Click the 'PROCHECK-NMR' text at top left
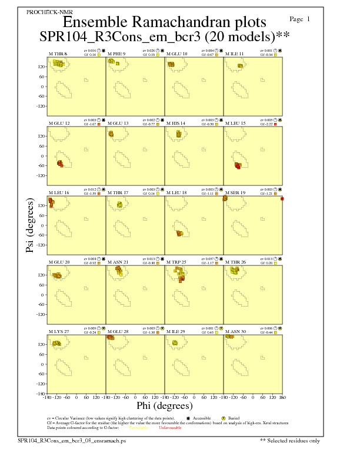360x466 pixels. pos(46,12)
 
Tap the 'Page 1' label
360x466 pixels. pos(301,19)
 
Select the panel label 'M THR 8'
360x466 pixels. pos(58,54)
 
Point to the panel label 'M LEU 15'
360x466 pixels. pos(237,124)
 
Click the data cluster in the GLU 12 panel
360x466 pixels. pos(61,163)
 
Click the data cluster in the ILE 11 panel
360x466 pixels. pos(240,65)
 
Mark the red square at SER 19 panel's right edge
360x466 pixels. pos(282,199)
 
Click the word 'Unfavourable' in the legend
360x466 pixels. pos(170,428)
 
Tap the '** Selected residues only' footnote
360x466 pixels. pos(291,440)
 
